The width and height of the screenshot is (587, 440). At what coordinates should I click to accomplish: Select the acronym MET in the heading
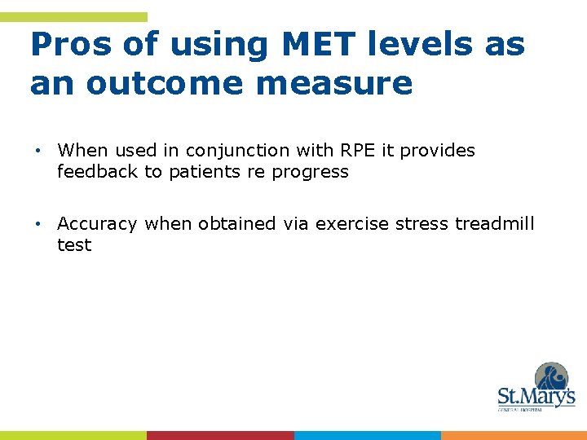[309, 45]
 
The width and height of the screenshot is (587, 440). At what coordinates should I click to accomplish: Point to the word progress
[311, 173]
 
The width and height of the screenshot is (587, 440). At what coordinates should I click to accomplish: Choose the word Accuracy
[97, 224]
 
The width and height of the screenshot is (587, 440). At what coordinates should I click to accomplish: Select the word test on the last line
[74, 245]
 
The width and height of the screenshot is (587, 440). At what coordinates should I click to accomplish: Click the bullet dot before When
[38, 152]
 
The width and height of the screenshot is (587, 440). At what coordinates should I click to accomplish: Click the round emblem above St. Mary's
[551, 377]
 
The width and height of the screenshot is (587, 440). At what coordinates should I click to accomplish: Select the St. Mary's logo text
[536, 398]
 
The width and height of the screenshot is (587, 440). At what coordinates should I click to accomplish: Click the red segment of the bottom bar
[220, 435]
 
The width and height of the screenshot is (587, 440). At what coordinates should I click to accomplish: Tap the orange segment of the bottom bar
[514, 435]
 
